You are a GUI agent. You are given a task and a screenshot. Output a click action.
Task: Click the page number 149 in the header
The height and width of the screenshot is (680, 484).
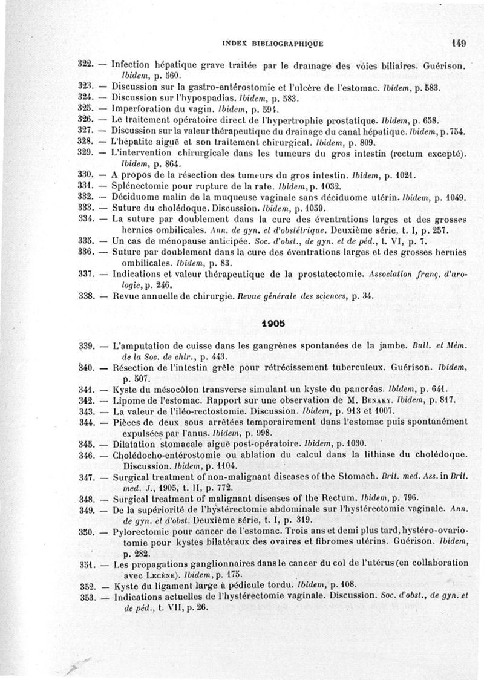click(x=458, y=43)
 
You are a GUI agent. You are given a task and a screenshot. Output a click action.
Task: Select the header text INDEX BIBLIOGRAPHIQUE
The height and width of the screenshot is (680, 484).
click(x=273, y=44)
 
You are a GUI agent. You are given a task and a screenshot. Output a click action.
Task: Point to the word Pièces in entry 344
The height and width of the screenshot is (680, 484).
click(x=126, y=421)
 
